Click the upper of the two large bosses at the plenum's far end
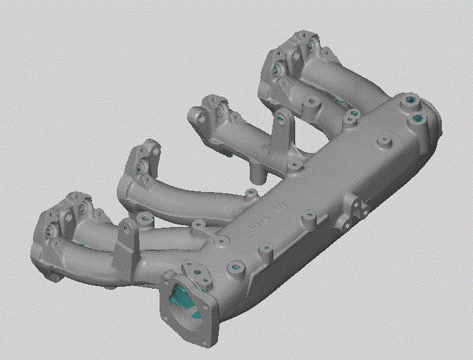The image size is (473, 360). [410, 102]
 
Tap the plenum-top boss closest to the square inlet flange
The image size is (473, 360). [234, 265]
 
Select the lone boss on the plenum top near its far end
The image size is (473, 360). [382, 139]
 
